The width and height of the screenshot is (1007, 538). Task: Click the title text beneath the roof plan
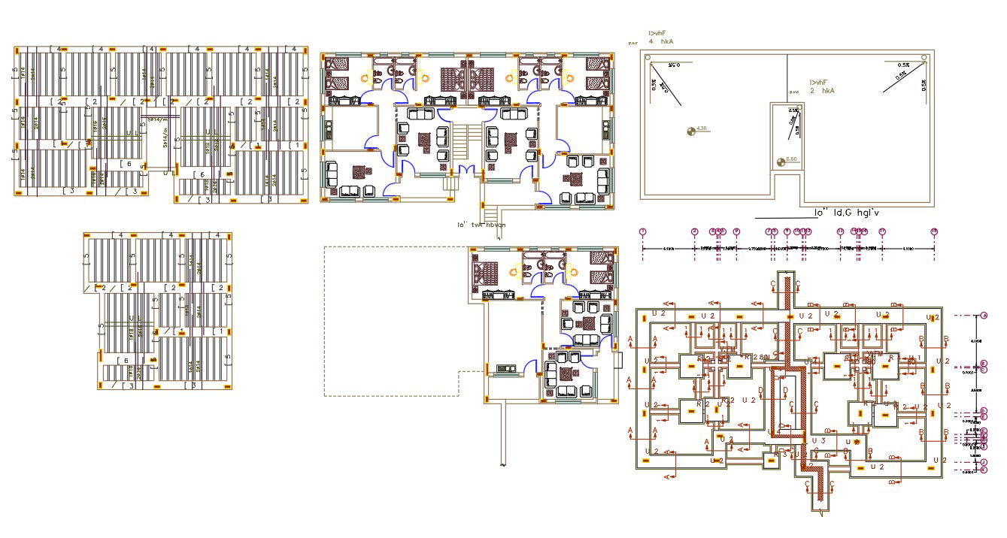846,213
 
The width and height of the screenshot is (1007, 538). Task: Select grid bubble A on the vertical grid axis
984,316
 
